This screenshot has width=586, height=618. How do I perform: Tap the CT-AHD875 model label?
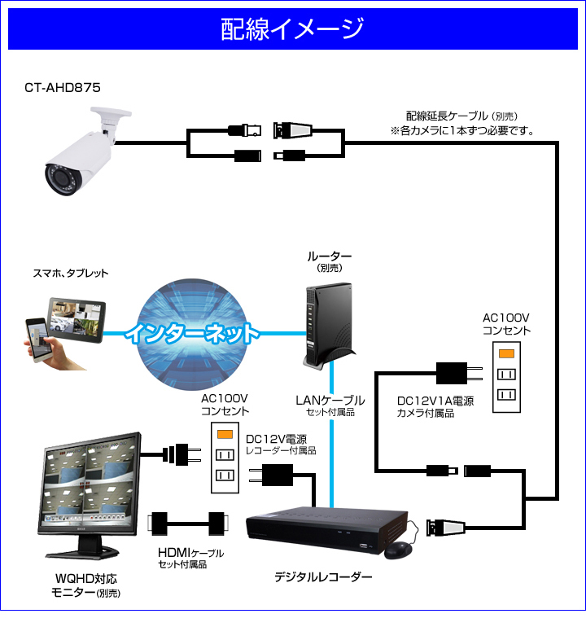point(63,86)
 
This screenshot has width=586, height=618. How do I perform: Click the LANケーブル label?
point(330,401)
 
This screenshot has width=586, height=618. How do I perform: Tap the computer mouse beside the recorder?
point(398,550)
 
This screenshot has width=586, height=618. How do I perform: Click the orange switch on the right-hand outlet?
point(506,353)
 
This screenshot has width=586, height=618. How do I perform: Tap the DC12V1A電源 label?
point(435,401)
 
